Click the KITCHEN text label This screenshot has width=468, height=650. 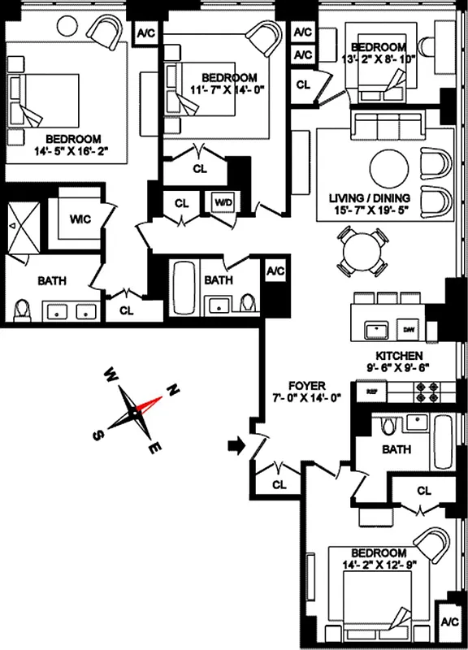398,356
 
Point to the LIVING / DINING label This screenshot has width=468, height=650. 370,197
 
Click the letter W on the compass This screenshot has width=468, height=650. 110,375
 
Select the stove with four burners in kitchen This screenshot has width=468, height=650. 427,390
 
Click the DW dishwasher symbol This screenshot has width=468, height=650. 409,329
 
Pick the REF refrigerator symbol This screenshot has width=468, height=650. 373,392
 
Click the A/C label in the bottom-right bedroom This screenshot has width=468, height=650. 448,622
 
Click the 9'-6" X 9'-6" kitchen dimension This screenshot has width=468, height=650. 396,367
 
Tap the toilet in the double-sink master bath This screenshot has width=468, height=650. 22,310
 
